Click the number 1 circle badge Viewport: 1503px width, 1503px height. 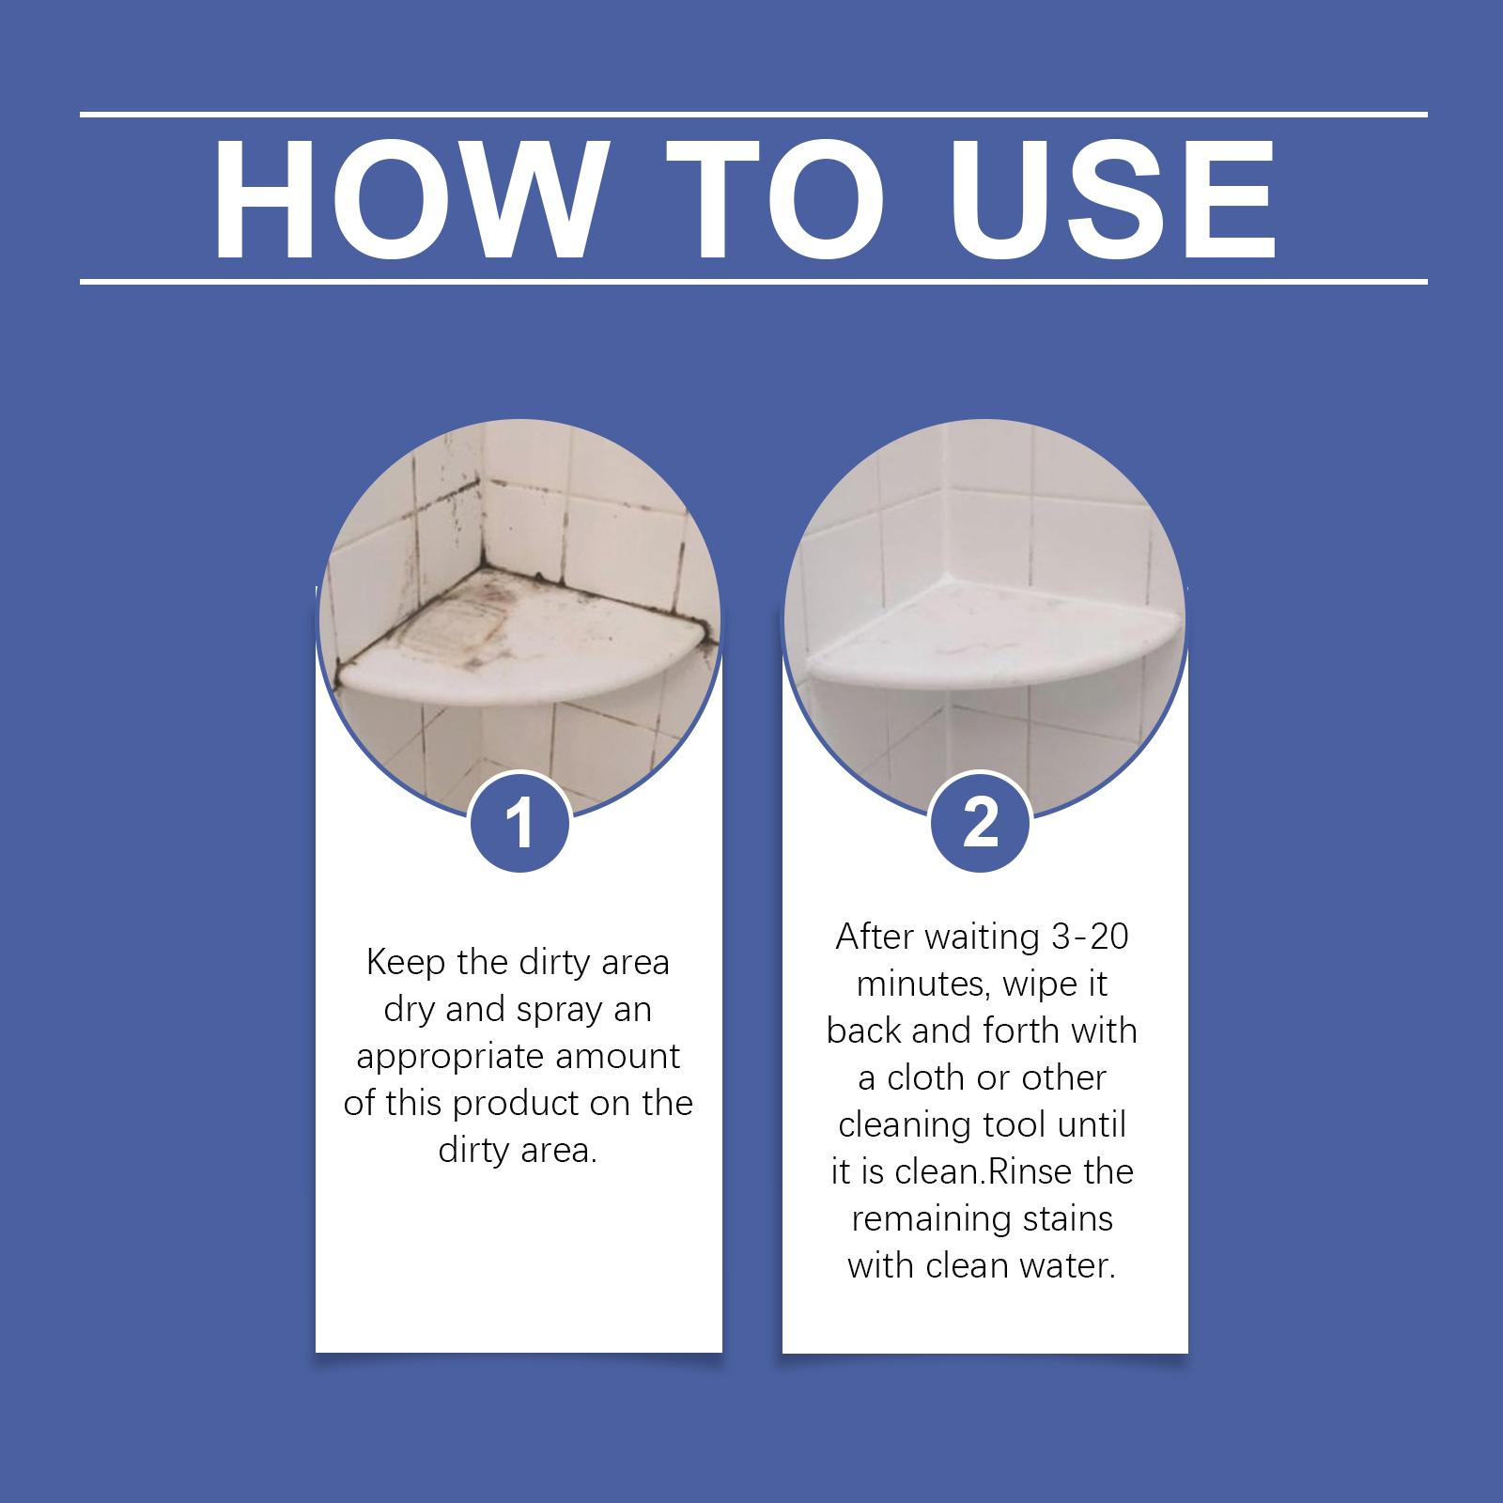(519, 822)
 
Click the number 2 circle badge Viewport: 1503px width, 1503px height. (981, 822)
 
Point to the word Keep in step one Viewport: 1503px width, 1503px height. (407, 963)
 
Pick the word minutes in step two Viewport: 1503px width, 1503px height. (924, 984)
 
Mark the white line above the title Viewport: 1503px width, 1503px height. (753, 115)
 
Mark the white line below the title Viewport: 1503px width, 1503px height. (753, 281)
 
